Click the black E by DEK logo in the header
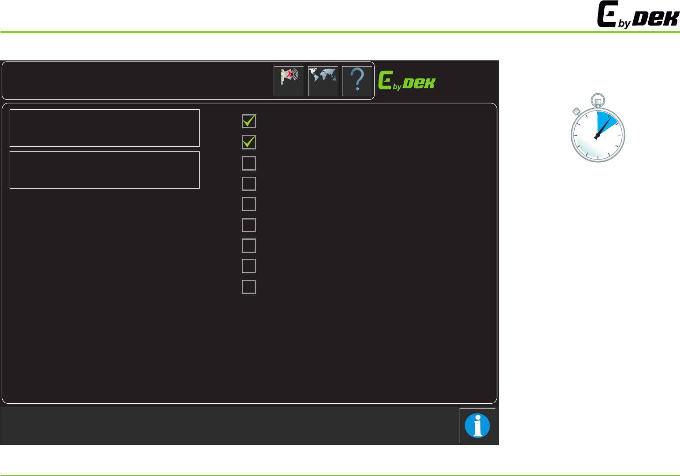tap(638, 15)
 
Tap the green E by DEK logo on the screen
tap(407, 81)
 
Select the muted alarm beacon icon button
tap(289, 81)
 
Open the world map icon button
tap(323, 81)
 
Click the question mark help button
tap(357, 81)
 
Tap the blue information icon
tap(477, 426)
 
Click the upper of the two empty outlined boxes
tap(104, 128)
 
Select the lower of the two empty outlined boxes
tap(104, 170)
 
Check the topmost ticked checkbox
tap(249, 121)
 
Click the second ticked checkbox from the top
tap(249, 142)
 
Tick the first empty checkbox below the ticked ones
tap(249, 163)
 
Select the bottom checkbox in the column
tap(249, 287)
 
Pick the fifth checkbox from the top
tap(249, 204)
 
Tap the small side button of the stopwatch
tap(576, 112)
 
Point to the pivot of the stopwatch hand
tap(597, 137)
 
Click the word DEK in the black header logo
tap(656, 19)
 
